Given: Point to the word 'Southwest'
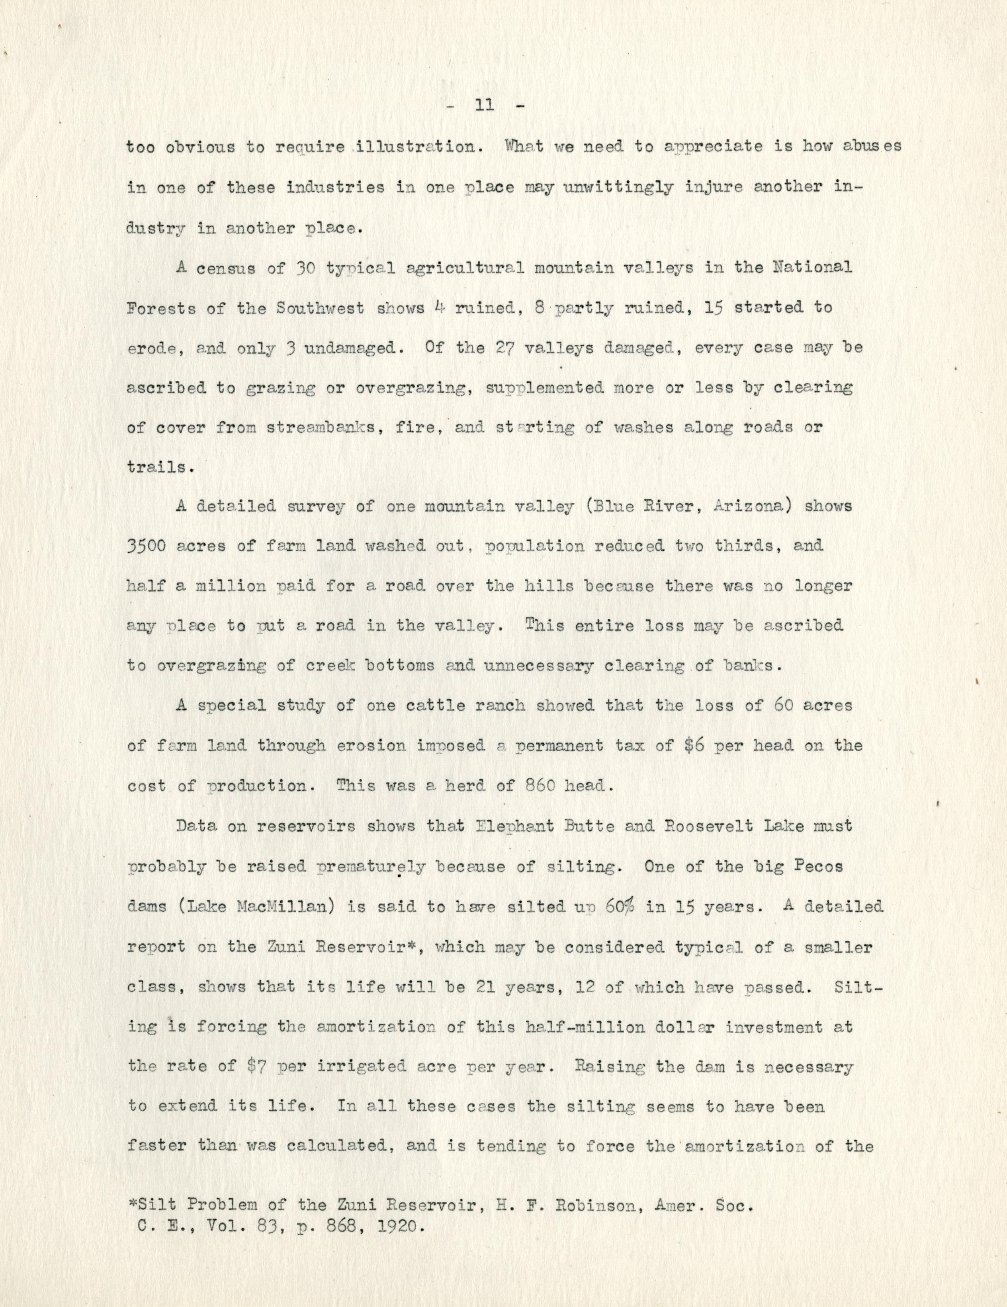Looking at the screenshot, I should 321,308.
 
